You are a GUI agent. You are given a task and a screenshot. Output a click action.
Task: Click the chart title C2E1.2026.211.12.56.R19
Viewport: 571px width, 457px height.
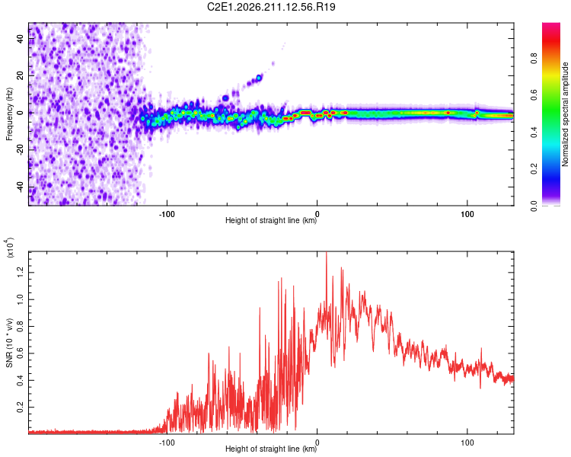(271, 7)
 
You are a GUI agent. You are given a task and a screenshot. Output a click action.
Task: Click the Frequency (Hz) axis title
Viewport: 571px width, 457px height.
(9, 114)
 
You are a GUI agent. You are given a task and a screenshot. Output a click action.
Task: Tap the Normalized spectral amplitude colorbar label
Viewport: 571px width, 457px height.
(565, 114)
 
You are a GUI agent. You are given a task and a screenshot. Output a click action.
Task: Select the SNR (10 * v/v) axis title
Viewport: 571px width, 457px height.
(9, 343)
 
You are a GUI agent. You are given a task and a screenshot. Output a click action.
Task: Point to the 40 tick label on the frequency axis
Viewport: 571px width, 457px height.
(20, 38)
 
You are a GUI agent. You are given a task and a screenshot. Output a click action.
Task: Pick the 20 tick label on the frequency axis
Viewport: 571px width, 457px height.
(20, 75)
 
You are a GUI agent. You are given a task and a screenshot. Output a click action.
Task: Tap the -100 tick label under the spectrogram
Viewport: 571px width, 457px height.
(167, 214)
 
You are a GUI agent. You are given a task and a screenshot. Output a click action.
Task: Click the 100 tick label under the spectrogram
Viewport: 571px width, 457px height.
(467, 214)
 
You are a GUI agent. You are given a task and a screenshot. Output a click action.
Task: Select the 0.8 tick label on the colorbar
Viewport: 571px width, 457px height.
(534, 59)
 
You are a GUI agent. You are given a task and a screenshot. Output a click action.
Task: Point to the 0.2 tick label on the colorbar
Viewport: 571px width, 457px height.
(534, 169)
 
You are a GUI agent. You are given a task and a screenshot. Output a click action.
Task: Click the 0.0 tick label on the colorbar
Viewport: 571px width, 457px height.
(534, 206)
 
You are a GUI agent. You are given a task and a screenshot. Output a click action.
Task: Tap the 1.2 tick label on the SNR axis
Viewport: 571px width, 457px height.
(20, 272)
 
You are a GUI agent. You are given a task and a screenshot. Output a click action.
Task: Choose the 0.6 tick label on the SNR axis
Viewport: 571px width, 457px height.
(20, 353)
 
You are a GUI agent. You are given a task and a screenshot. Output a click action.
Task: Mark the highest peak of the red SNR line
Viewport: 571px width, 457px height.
(327, 253)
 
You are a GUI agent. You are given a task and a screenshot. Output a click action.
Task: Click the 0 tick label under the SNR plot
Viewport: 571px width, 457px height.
(317, 443)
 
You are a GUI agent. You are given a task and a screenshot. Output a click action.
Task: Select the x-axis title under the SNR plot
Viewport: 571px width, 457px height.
(271, 449)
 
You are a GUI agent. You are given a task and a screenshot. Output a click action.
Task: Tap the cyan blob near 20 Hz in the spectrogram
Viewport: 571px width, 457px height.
(259, 78)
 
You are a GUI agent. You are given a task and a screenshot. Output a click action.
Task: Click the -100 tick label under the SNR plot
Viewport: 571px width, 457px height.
(167, 443)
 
